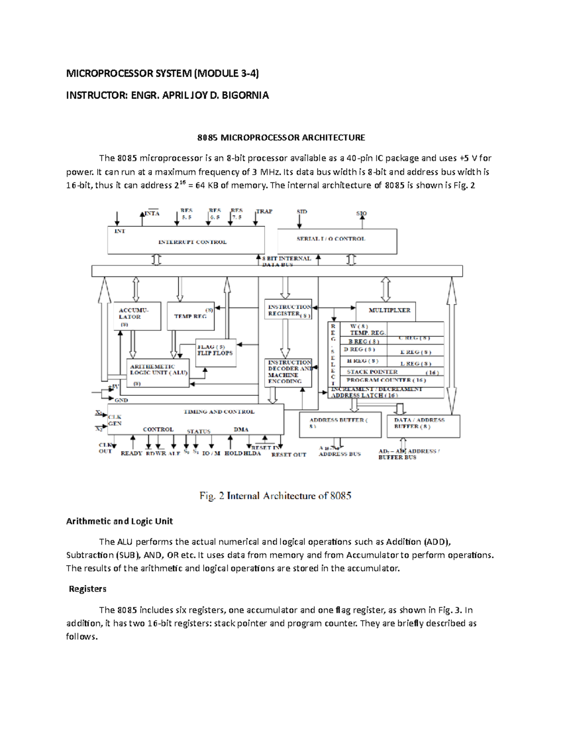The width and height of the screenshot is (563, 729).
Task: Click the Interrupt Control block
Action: pyautogui.click(x=186, y=240)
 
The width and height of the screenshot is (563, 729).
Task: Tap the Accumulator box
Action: pyautogui.click(x=137, y=316)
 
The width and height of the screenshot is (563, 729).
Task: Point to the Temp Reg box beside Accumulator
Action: pyautogui.click(x=190, y=316)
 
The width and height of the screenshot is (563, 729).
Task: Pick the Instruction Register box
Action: pyautogui.click(x=289, y=311)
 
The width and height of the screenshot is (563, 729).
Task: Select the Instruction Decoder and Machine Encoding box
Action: pyautogui.click(x=289, y=372)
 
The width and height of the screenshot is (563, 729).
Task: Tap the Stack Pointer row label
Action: pyautogui.click(x=372, y=372)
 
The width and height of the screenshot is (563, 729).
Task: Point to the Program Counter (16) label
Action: pyautogui.click(x=386, y=380)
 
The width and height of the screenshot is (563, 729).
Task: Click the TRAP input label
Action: pyautogui.click(x=264, y=212)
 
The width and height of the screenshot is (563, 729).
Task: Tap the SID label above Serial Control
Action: pyautogui.click(x=302, y=212)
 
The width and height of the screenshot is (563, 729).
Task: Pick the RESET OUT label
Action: pyautogui.click(x=289, y=454)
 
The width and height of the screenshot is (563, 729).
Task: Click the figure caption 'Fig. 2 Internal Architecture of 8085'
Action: pyautogui.click(x=275, y=496)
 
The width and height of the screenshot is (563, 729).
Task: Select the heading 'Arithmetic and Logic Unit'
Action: pyautogui.click(x=119, y=521)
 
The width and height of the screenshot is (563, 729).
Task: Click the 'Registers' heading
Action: pyautogui.click(x=87, y=589)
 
